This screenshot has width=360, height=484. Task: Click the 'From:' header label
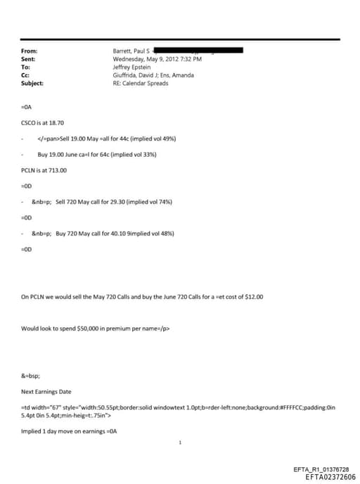click(29, 51)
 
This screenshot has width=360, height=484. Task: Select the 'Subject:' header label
click(32, 83)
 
